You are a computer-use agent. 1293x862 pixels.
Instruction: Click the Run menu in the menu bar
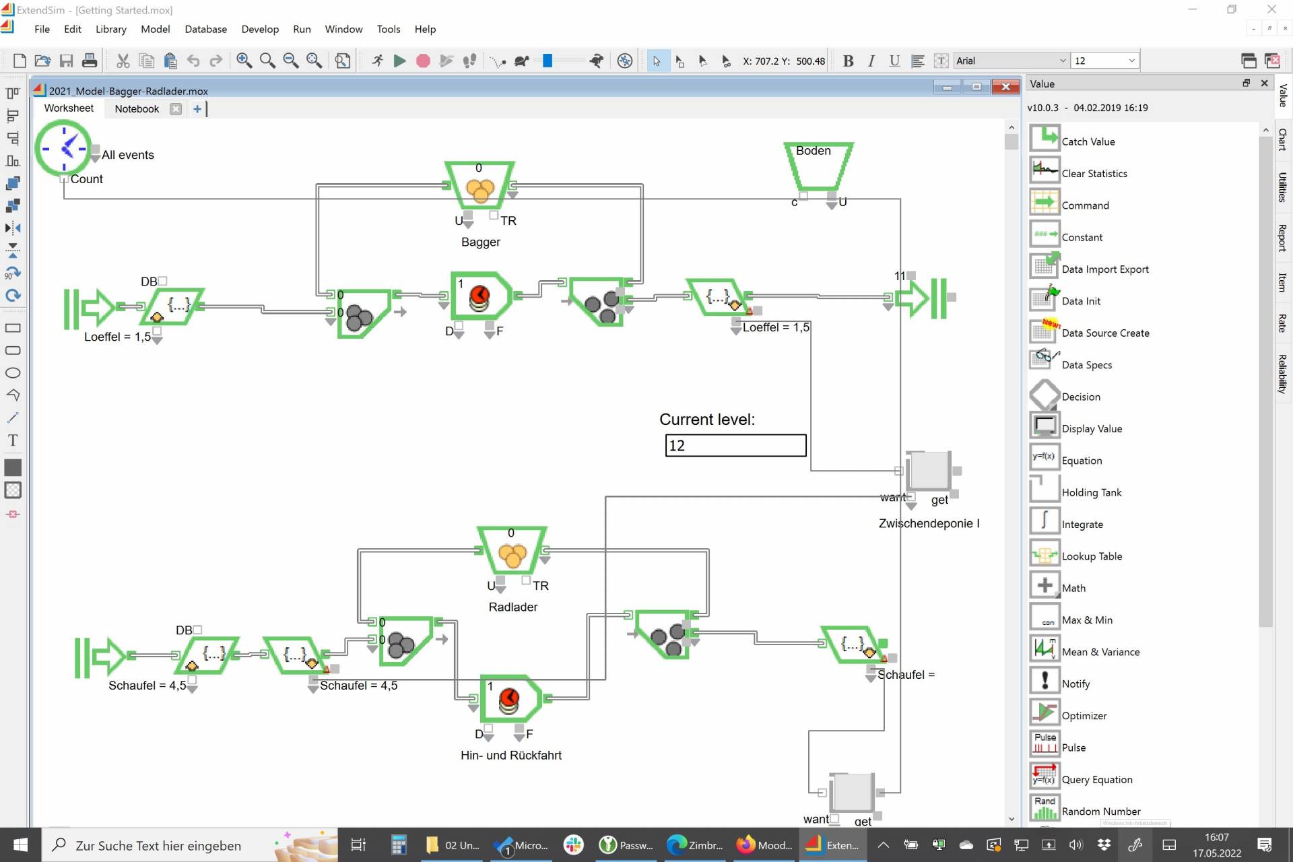click(x=302, y=29)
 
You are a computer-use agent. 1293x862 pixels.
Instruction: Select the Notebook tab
click(x=137, y=108)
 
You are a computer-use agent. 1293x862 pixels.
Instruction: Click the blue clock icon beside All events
click(x=64, y=148)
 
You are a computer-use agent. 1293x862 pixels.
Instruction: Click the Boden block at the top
click(x=818, y=166)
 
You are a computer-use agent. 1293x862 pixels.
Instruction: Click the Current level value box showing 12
click(x=735, y=445)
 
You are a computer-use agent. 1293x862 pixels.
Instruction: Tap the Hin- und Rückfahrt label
click(x=510, y=755)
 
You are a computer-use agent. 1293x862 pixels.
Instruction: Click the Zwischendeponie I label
click(x=929, y=523)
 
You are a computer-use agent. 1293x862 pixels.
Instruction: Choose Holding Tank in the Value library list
click(x=1091, y=492)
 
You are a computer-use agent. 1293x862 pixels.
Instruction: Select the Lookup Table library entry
click(x=1091, y=556)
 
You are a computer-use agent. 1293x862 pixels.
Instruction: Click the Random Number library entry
click(x=1100, y=811)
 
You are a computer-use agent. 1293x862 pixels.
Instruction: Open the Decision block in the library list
click(x=1080, y=397)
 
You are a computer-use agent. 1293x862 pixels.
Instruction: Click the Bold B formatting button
click(x=848, y=61)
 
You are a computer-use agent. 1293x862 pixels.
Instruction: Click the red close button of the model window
click(x=1005, y=87)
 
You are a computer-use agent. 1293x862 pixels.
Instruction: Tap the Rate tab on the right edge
click(x=1282, y=323)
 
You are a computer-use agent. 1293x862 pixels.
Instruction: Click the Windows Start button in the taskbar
click(x=20, y=845)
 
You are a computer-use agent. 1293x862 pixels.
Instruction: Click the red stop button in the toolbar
click(x=423, y=61)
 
